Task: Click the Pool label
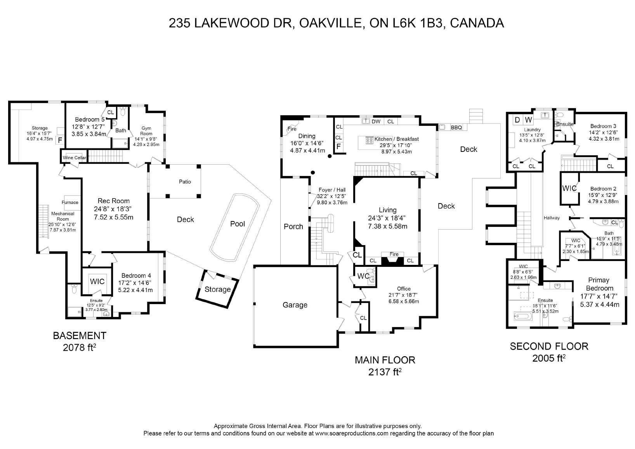pos(238,224)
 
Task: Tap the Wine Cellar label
pos(74,158)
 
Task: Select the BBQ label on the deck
pos(456,127)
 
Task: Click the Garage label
pos(295,305)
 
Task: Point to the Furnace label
pos(70,202)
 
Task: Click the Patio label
pos(185,182)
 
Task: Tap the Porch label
pos(293,226)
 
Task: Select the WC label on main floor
pos(363,277)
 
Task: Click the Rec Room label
pos(113,201)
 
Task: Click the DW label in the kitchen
pos(376,122)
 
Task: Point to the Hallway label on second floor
pos(552,218)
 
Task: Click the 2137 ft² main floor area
pos(385,372)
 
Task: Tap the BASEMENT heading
pos(79,336)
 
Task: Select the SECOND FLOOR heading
pos(549,346)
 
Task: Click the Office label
pos(404,289)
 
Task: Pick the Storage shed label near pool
pos(218,289)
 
